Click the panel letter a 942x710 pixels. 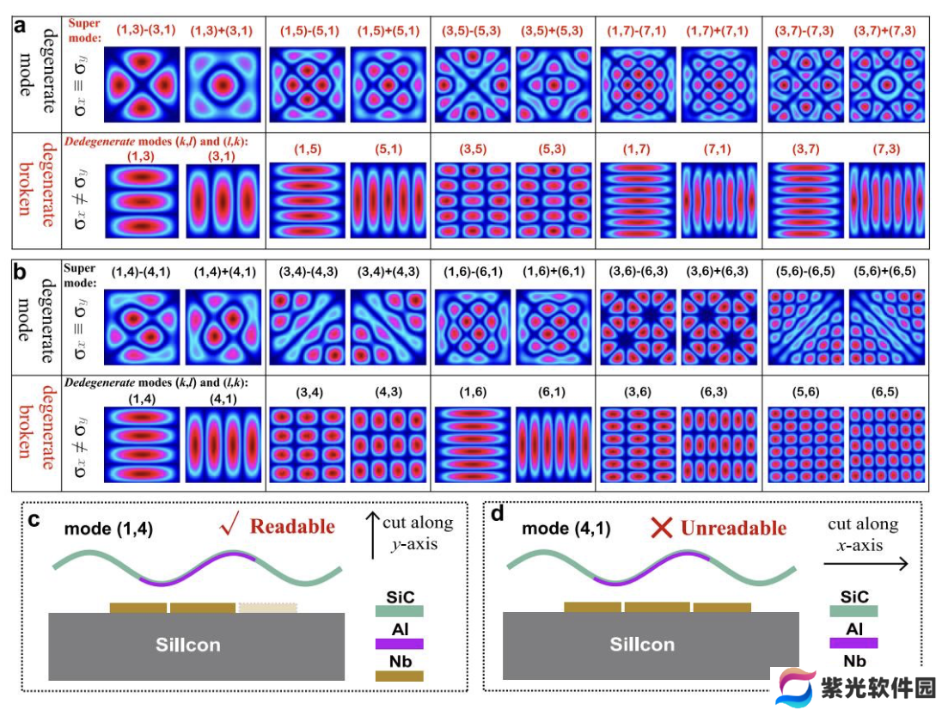[x=20, y=26]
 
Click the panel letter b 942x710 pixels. [x=20, y=272]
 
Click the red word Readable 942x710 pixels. [x=292, y=526]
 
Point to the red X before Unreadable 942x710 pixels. [x=662, y=528]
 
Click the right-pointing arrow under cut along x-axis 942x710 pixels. [x=866, y=563]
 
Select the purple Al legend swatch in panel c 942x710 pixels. [x=399, y=643]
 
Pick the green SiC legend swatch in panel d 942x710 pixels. [x=853, y=611]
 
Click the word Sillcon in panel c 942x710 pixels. [x=188, y=645]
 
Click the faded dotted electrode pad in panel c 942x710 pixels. [x=267, y=608]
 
